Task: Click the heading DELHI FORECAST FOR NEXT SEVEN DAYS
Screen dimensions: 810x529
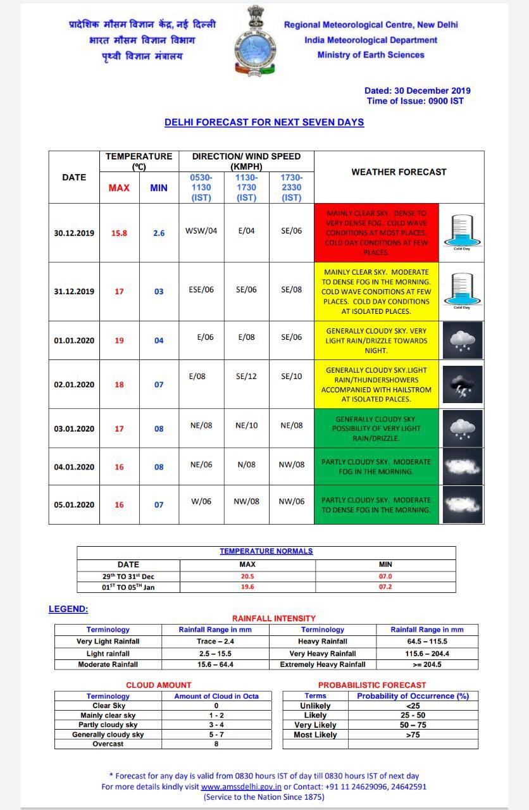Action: coord(264,122)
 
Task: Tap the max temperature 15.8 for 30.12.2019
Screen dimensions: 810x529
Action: coord(119,233)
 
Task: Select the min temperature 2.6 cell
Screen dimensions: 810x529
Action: coord(159,233)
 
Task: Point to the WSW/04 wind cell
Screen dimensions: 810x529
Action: coord(201,230)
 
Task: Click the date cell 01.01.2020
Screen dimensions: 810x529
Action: coord(74,340)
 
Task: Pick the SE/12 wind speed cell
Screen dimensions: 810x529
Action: coord(246,376)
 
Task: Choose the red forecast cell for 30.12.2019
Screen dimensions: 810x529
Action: coord(377,233)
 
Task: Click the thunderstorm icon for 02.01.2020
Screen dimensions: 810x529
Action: coord(462,385)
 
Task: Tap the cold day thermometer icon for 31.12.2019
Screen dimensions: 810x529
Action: coord(462,291)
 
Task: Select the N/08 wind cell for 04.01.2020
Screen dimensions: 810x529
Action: coord(246,464)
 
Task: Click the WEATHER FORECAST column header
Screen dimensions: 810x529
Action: coord(399,171)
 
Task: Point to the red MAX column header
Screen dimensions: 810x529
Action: coord(119,187)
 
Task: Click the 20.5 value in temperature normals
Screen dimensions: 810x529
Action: coord(247,576)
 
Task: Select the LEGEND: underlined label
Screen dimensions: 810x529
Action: coord(68,609)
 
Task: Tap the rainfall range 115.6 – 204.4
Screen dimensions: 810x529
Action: coord(426,653)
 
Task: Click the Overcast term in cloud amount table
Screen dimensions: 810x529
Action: coord(108,744)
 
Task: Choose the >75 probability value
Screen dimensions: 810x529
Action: coord(413,735)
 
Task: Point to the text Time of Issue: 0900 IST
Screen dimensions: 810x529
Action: coord(414,101)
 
